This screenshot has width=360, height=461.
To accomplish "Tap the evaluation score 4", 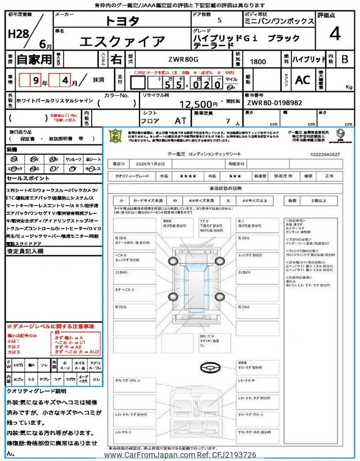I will (335, 34).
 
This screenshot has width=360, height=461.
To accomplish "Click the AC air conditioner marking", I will (303, 80).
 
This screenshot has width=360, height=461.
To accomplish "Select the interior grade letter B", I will (344, 59).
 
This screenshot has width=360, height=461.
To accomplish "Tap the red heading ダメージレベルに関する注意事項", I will (50, 326).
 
